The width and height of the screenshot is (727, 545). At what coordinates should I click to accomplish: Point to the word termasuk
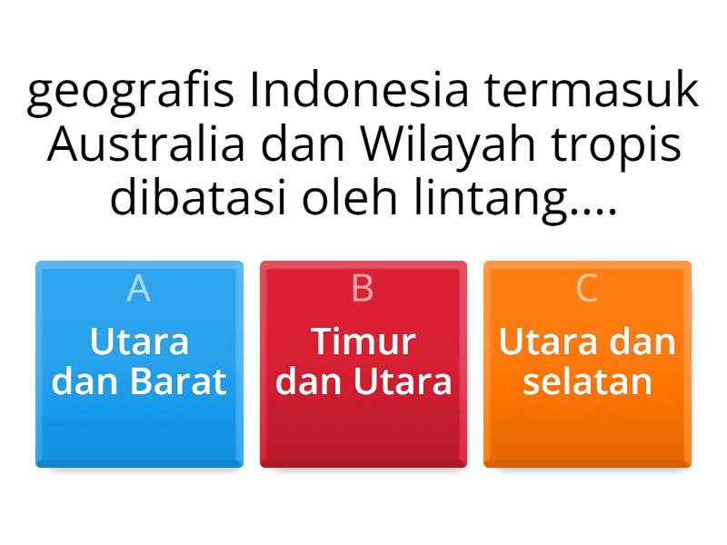click(593, 93)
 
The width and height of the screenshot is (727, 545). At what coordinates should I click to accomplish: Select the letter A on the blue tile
click(139, 288)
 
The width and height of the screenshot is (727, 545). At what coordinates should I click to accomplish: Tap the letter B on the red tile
click(363, 288)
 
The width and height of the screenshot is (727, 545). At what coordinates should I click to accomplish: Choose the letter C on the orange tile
click(587, 288)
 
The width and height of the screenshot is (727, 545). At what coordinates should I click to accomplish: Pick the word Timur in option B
click(363, 342)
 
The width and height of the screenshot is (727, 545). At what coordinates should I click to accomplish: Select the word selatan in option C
click(587, 381)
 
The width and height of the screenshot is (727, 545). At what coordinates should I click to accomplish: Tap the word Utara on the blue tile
click(139, 342)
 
